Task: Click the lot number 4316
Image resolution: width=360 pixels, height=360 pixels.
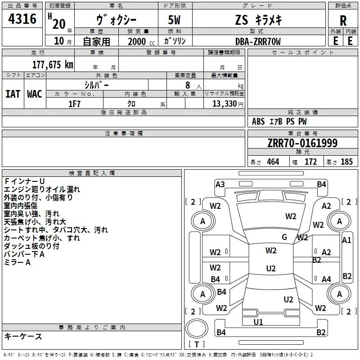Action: click(x=22, y=19)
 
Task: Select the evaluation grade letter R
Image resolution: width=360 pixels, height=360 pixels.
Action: click(x=343, y=20)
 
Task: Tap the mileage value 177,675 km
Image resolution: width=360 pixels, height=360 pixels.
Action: click(x=53, y=65)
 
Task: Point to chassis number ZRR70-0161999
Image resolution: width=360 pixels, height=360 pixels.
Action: click(x=302, y=144)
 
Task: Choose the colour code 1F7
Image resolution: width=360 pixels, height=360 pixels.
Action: click(x=74, y=104)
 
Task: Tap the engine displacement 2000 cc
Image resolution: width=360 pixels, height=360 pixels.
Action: click(x=139, y=41)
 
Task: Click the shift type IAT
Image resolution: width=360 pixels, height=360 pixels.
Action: click(x=13, y=94)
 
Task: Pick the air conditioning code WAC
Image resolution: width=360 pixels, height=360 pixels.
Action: click(x=35, y=94)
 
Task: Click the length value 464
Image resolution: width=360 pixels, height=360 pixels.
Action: click(x=273, y=162)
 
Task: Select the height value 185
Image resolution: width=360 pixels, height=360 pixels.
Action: click(x=346, y=162)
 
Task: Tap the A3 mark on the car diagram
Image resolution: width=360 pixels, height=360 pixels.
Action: click(x=220, y=184)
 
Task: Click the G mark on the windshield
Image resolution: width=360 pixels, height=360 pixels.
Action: click(x=284, y=237)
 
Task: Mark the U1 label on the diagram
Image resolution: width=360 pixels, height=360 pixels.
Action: click(x=258, y=322)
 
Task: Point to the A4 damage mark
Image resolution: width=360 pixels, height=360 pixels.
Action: click(x=326, y=279)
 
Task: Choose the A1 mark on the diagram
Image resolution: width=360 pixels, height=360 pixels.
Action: click(x=346, y=240)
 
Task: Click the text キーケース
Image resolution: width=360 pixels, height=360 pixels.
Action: click(x=23, y=337)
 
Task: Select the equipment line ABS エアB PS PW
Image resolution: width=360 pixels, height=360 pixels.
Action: click(x=279, y=121)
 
